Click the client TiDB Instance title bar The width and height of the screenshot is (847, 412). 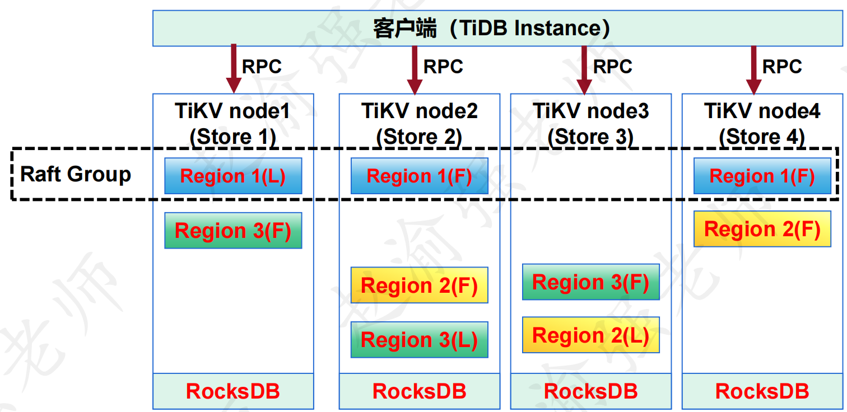497,29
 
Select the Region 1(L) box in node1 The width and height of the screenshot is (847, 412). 233,176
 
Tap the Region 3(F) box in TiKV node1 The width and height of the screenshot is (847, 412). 233,230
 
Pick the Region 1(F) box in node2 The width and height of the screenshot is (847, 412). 420,176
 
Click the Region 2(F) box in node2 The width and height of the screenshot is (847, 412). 420,285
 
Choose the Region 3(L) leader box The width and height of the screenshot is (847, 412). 420,339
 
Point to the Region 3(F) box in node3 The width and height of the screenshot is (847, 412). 591,282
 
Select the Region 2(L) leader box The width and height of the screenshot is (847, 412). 591,335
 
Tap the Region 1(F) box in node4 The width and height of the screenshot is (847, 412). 762,176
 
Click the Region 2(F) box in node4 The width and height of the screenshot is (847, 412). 762,229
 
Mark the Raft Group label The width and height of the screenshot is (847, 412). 76,174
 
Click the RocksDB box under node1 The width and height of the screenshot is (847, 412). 233,391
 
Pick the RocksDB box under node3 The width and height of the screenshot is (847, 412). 591,391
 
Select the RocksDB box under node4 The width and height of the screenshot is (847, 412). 762,391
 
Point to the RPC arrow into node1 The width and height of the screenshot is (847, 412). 234,69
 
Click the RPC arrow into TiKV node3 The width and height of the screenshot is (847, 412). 584,71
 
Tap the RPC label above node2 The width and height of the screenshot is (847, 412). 443,67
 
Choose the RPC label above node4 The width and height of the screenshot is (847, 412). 782,67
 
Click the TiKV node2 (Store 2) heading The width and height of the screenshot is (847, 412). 420,124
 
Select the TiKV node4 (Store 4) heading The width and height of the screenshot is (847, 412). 762,124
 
